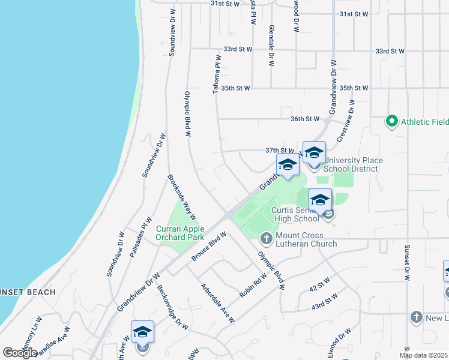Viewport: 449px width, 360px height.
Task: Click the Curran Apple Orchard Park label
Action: pyautogui.click(x=180, y=233)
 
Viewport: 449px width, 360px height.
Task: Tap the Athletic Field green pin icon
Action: pyautogui.click(x=392, y=122)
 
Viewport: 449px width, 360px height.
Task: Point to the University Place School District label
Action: pyautogui.click(x=353, y=165)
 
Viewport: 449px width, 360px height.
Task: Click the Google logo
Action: pyautogui.click(x=20, y=353)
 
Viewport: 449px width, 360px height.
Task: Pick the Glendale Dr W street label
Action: pyautogui.click(x=271, y=46)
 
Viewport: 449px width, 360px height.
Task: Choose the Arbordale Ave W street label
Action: pyautogui.click(x=217, y=303)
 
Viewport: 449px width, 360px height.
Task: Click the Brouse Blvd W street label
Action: pyautogui.click(x=209, y=247)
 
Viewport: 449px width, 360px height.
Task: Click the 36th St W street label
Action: pyautogui.click(x=305, y=119)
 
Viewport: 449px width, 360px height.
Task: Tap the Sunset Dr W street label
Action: pyautogui.click(x=406, y=262)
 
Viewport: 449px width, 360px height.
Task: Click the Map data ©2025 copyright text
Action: pyautogui.click(x=423, y=355)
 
